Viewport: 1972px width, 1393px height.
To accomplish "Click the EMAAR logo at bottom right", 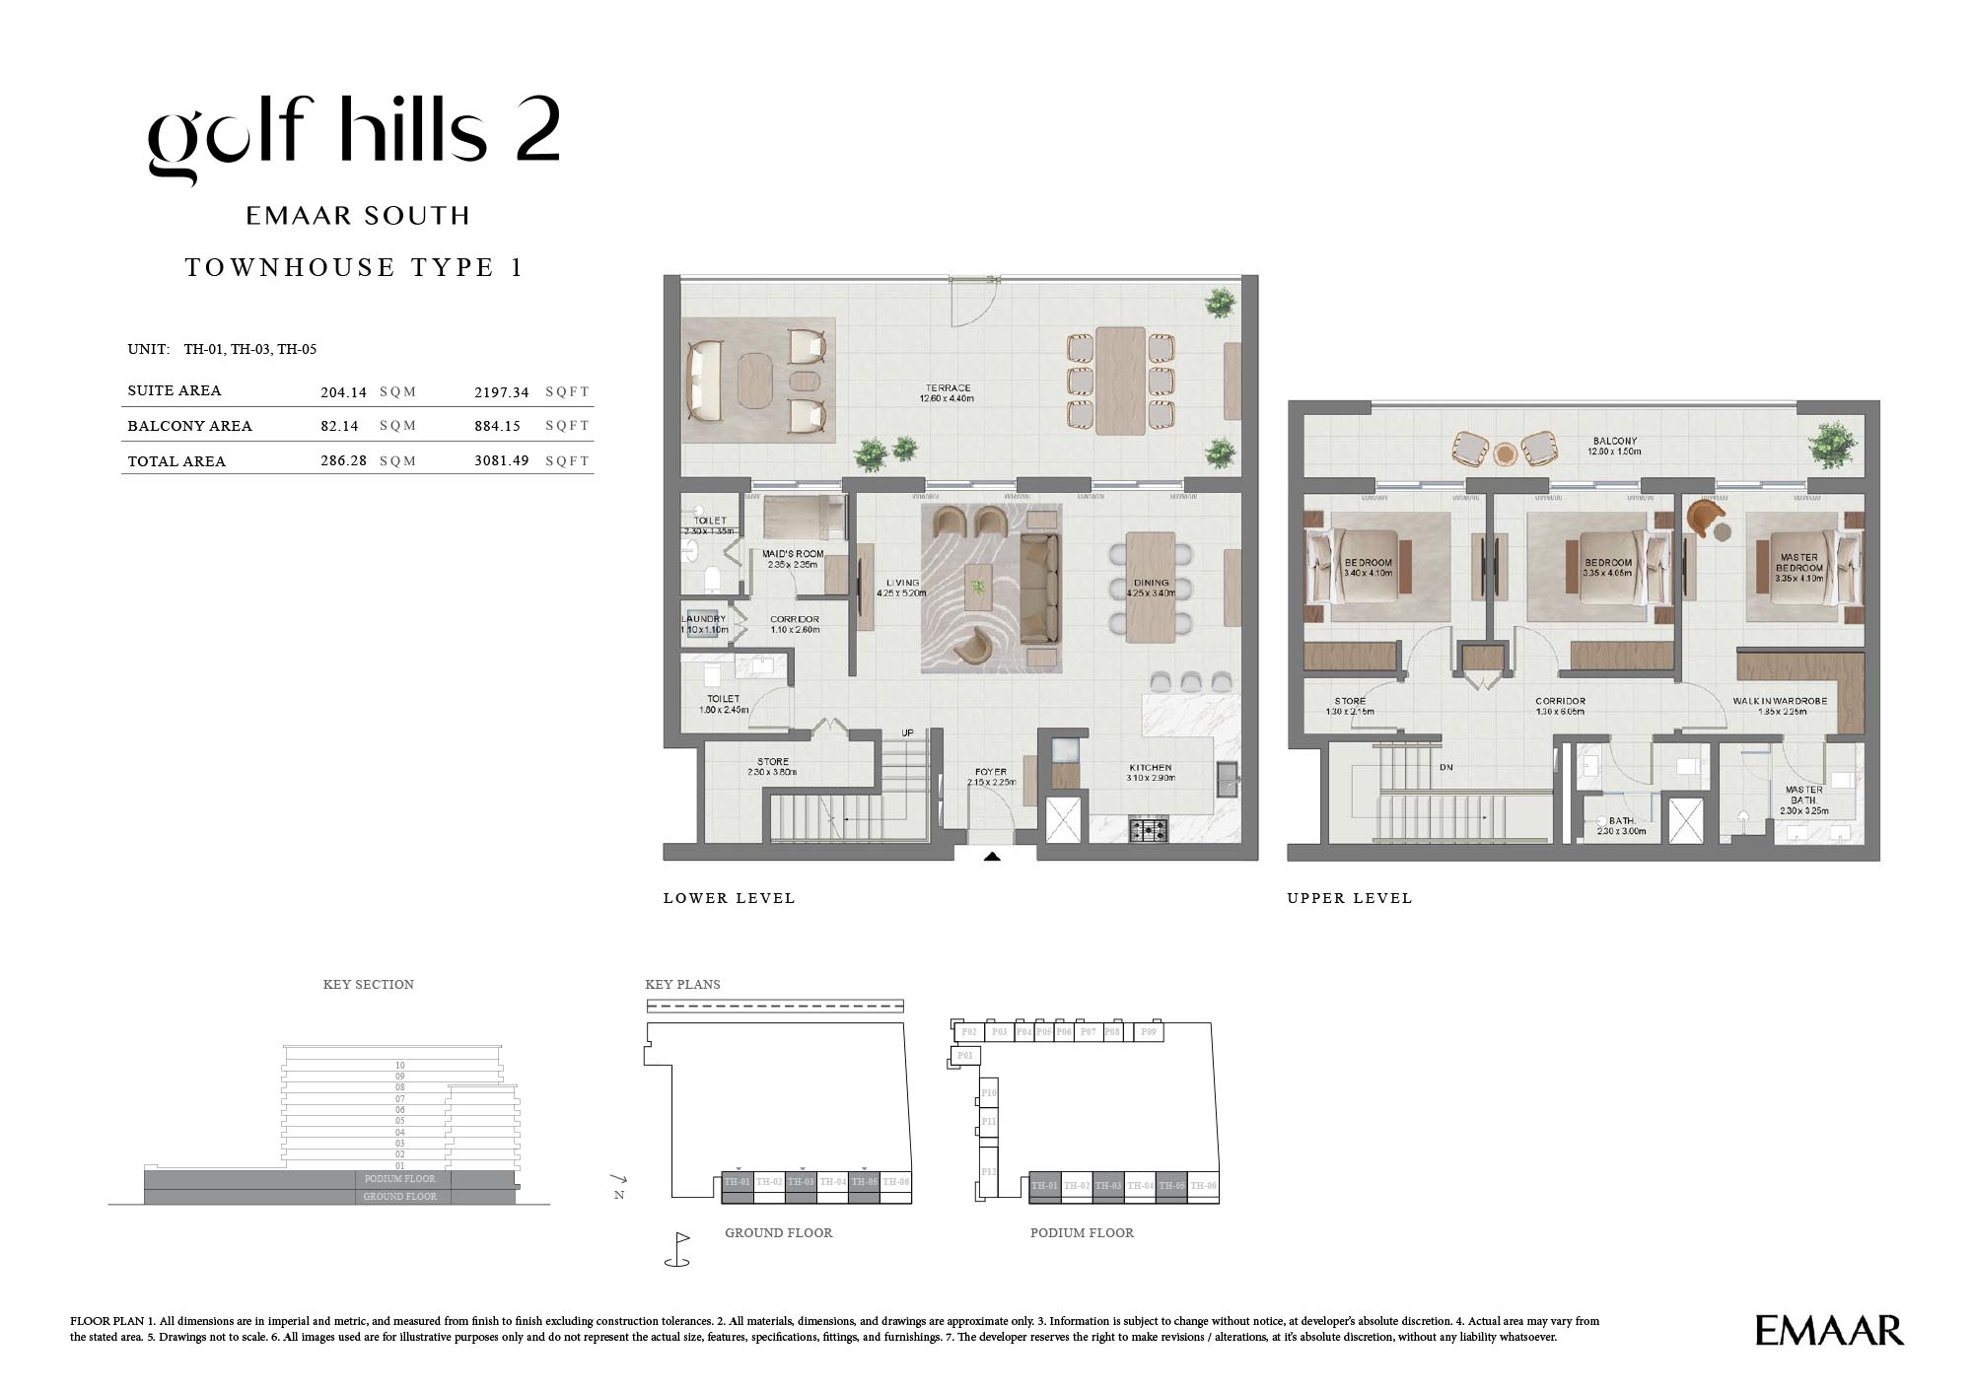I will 1829,1330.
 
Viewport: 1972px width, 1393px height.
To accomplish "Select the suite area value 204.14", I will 343,392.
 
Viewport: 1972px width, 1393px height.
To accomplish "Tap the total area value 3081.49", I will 501,460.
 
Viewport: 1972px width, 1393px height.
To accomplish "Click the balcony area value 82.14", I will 339,426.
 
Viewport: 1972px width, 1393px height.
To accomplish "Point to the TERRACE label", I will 947,388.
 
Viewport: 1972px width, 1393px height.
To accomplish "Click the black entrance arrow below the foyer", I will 992,857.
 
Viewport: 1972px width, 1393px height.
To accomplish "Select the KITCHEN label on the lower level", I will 1150,767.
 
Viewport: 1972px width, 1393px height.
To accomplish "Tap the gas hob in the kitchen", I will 1148,829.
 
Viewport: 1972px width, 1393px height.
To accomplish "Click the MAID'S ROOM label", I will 793,554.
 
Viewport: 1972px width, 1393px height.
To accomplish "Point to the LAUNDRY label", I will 703,619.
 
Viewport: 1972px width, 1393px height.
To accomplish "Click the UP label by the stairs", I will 907,732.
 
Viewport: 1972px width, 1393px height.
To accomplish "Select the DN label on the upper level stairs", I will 1446,767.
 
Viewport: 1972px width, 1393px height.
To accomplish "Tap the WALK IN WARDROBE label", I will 1780,701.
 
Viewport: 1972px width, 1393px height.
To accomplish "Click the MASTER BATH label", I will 1803,795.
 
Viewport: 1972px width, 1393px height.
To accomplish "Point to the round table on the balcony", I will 1505,453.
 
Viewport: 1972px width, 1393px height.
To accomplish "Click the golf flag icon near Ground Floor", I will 678,1248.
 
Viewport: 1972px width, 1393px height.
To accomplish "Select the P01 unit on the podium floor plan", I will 964,1056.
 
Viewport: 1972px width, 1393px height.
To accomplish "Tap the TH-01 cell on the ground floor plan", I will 737,1182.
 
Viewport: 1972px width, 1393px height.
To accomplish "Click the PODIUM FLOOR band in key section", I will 399,1178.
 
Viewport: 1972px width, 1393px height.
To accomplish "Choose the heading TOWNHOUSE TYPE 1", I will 354,267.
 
